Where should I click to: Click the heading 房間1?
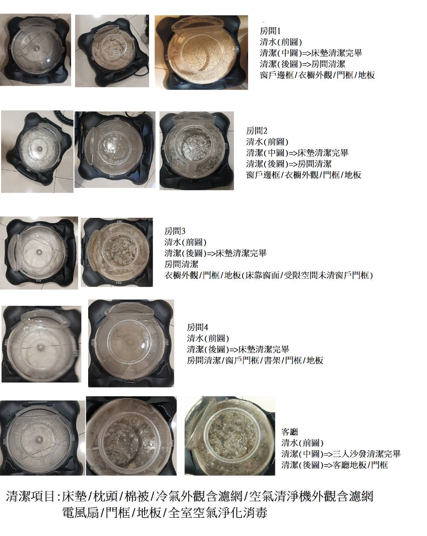(x=270, y=31)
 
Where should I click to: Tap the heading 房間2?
(x=256, y=131)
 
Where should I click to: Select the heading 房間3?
(x=174, y=231)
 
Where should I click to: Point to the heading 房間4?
(x=197, y=327)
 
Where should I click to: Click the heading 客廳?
(x=290, y=432)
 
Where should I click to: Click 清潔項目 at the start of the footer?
(x=30, y=496)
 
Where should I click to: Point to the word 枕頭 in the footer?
(x=105, y=496)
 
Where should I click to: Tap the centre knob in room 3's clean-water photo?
(x=39, y=252)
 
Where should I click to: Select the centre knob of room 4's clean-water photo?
(x=40, y=346)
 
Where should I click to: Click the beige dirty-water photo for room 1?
(x=201, y=52)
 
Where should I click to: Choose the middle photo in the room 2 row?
(x=115, y=149)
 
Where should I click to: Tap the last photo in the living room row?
(x=230, y=436)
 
